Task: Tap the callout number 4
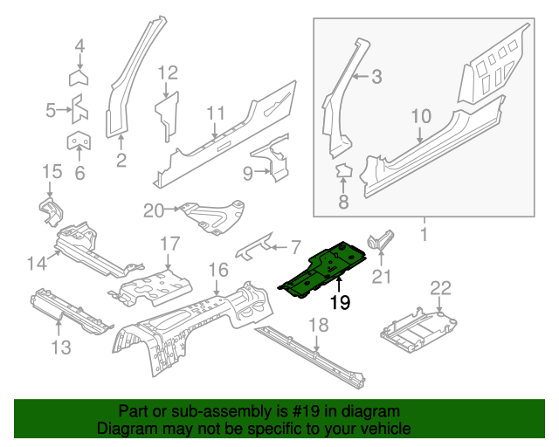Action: coord(79,46)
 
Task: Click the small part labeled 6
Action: coord(79,141)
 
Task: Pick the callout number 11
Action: coord(217,113)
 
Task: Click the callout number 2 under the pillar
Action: coord(121,160)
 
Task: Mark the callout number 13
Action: coord(59,349)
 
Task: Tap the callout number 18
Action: coord(319,325)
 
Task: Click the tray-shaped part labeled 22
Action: coord(418,326)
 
